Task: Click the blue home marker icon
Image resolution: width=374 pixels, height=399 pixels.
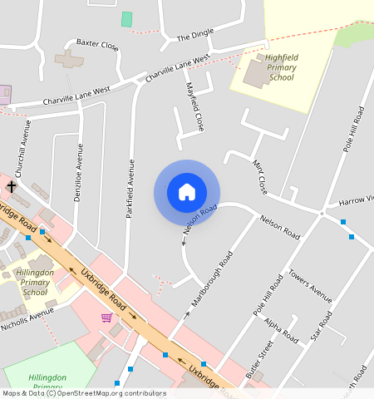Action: pos(187,192)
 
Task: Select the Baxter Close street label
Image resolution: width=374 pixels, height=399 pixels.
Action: pos(97,42)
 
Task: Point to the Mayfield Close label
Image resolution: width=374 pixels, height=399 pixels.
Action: pos(194,107)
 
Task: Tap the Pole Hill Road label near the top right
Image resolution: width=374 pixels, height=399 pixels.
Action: pos(353,129)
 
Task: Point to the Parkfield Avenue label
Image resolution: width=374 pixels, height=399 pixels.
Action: pos(130,189)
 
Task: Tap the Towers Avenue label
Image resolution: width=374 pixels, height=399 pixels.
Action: pos(310,285)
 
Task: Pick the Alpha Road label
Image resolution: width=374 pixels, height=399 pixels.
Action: pos(281,330)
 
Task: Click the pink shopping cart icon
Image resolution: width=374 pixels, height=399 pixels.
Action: pos(106,318)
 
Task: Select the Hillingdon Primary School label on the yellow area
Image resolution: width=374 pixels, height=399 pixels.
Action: pos(35,282)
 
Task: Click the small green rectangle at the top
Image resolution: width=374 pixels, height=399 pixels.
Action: pos(126,18)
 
